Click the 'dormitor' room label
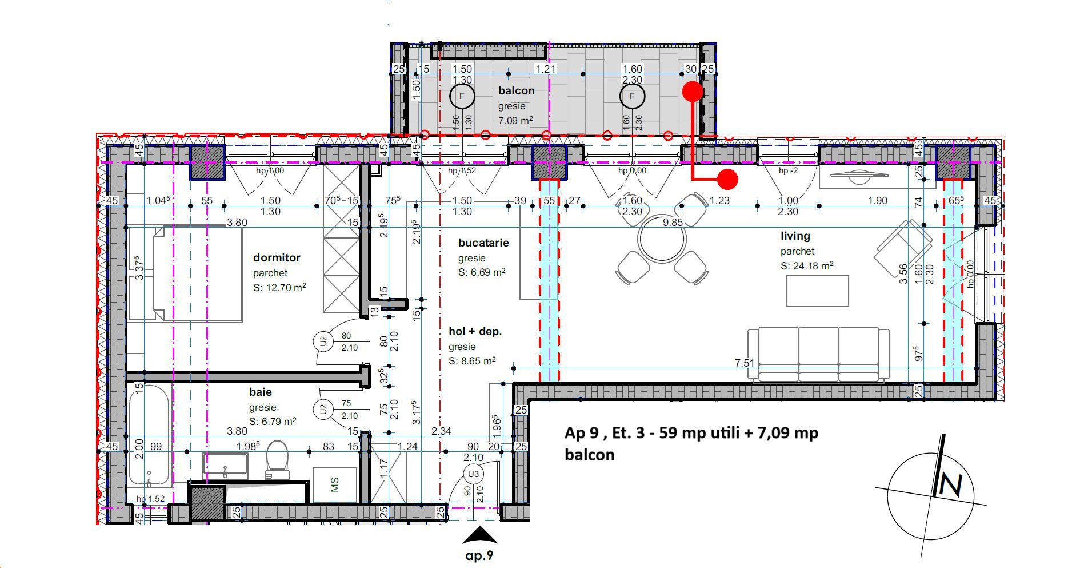[x=277, y=258]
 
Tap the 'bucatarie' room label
[x=483, y=243]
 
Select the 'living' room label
[x=795, y=236]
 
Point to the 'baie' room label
[x=260, y=392]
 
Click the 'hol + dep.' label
[x=475, y=332]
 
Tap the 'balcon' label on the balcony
[x=516, y=91]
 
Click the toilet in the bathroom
[x=278, y=459]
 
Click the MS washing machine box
[x=335, y=485]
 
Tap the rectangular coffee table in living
[x=817, y=291]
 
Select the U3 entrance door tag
[x=473, y=474]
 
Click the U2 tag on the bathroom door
[x=323, y=409]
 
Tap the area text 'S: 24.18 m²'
[x=806, y=266]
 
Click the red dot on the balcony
[x=693, y=91]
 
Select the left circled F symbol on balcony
[x=462, y=97]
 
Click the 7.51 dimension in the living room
[x=745, y=363]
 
